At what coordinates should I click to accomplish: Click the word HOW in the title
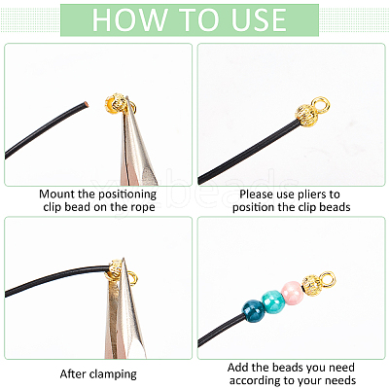pos(129,19)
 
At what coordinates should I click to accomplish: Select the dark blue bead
pos(254,311)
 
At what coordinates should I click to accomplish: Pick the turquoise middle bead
pos(272,302)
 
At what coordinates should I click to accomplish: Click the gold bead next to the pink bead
pos(311,284)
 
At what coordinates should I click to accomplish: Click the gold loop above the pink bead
pos(327,279)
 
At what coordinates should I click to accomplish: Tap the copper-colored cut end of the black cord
pos(86,104)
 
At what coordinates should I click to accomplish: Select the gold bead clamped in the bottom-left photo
pos(115,268)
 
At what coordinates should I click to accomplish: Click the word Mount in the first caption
pos(57,194)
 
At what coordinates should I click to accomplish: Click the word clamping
pos(113,374)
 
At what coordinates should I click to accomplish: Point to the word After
pos(74,373)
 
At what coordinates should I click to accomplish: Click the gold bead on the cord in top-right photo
pos(305,116)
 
